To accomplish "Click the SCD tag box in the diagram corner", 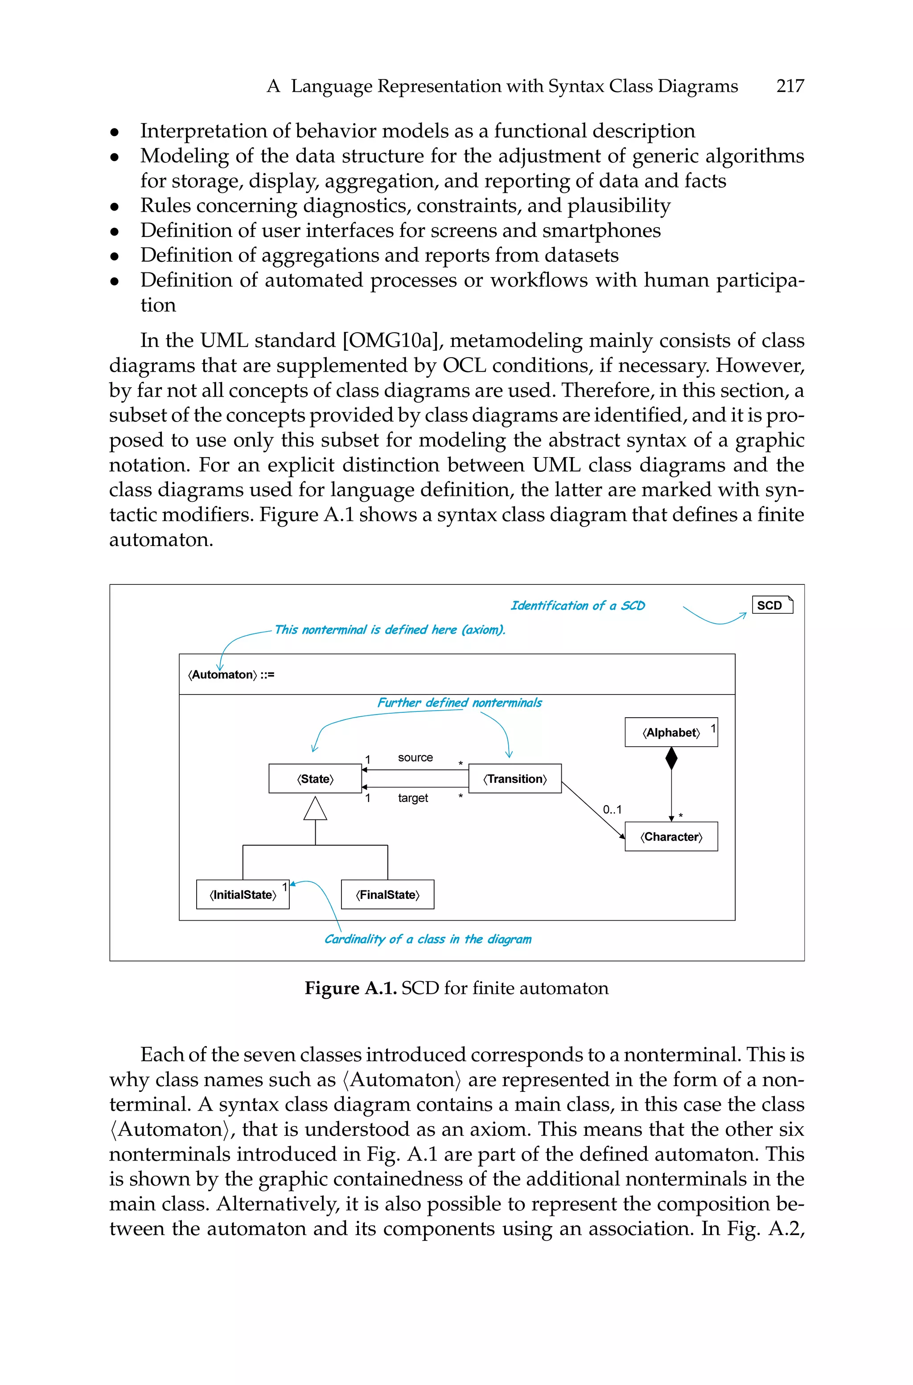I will [772, 605].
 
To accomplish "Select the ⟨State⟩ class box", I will [315, 779].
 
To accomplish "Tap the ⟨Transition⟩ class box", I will [515, 779].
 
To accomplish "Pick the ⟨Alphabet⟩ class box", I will [671, 732].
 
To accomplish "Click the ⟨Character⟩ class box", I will [671, 836].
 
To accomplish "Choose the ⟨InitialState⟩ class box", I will [243, 895].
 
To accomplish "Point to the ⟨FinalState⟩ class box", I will [387, 895].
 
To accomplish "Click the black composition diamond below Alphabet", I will [671, 758].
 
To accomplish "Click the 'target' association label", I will [413, 798].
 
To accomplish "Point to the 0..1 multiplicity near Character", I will [612, 810].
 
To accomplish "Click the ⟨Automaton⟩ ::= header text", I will [230, 674].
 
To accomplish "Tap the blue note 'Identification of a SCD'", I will [578, 606].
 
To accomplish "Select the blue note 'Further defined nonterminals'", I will [460, 703].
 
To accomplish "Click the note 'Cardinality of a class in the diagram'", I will [428, 939].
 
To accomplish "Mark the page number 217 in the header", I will [790, 86].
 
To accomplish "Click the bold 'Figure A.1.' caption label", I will [350, 988].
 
